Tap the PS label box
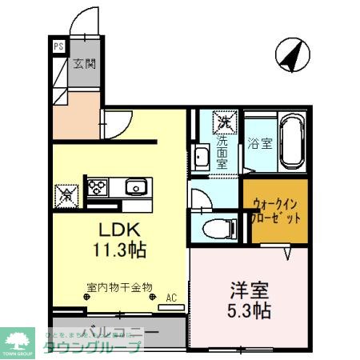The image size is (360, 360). tap(58, 46)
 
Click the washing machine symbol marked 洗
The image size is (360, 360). tap(224, 122)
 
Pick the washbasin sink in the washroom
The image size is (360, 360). tap(201, 158)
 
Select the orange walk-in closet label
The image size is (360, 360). tap(275, 210)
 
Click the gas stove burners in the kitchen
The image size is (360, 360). tap(98, 188)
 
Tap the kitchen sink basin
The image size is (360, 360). tap(134, 189)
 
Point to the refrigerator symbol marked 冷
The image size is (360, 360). tap(66, 194)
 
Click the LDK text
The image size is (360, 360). tap(117, 228)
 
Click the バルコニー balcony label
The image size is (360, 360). tap(120, 328)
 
